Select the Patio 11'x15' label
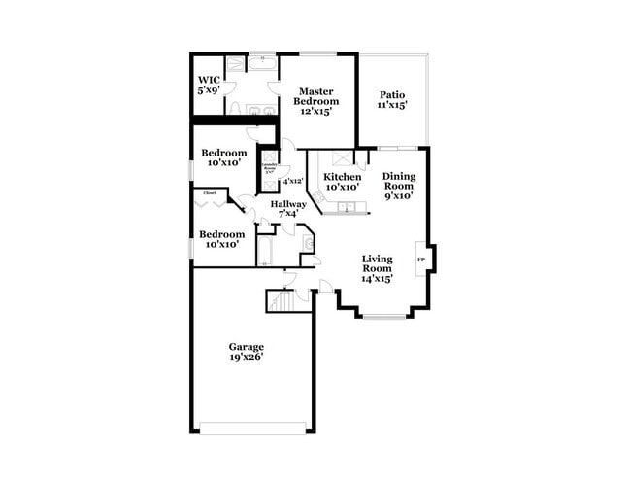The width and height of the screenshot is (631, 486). pyautogui.click(x=391, y=99)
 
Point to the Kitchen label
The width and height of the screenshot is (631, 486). pyautogui.click(x=342, y=182)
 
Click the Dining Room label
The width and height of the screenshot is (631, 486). pyautogui.click(x=398, y=186)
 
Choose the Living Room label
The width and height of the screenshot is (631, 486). pyautogui.click(x=377, y=268)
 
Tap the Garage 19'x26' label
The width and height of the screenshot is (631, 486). pyautogui.click(x=246, y=351)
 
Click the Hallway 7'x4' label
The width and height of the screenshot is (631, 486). pyautogui.click(x=288, y=209)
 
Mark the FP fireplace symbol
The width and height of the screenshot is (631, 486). pyautogui.click(x=421, y=260)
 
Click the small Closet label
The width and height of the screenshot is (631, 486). pyautogui.click(x=209, y=193)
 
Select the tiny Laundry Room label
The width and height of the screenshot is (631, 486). pyautogui.click(x=269, y=170)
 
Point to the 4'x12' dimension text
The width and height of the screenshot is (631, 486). pyautogui.click(x=292, y=181)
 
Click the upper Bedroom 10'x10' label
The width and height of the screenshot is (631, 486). pyautogui.click(x=223, y=157)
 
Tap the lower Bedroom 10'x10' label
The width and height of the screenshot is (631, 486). pyautogui.click(x=221, y=239)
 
